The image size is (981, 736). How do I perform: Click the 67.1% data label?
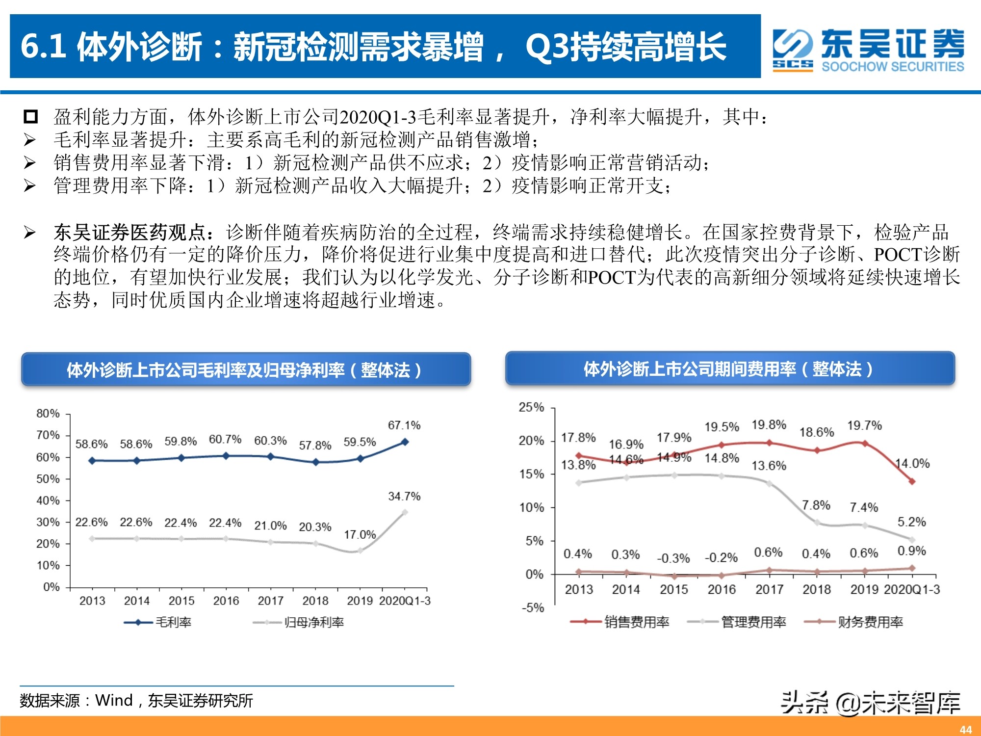(404, 425)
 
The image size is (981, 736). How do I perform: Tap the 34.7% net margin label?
(404, 496)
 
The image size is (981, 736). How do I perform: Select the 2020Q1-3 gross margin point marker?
(405, 442)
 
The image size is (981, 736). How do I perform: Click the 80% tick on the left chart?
(48, 413)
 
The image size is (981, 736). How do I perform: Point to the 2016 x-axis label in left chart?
(226, 601)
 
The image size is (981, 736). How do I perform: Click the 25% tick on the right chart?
(531, 407)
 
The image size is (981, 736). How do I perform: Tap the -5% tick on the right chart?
(533, 607)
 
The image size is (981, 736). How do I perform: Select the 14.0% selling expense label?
(912, 463)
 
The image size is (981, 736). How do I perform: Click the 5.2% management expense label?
(911, 522)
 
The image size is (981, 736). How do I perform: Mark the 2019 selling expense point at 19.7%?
(865, 443)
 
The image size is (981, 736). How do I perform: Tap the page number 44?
(966, 730)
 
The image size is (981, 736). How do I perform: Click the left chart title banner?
(246, 369)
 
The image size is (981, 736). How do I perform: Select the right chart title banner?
(730, 368)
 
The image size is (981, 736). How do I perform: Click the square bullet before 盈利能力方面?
(30, 117)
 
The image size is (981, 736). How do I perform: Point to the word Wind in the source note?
(114, 700)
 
